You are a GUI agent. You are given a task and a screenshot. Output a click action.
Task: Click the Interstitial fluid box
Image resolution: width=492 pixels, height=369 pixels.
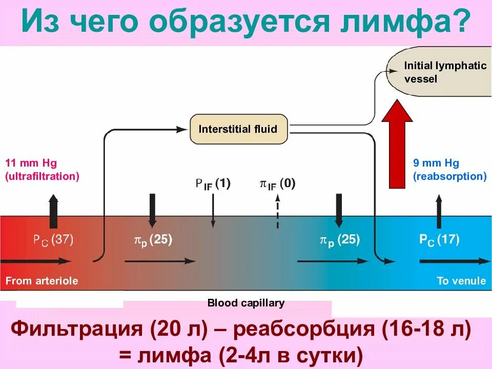238,129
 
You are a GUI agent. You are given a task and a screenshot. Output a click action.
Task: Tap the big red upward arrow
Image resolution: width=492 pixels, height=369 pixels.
400,143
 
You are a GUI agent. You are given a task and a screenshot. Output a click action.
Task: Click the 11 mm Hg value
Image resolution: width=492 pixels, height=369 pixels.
31,163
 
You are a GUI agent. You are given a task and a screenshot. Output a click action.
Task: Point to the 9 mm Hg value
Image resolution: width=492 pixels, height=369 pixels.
436,163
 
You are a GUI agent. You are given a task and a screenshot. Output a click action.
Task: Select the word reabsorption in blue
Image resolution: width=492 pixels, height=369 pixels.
449,176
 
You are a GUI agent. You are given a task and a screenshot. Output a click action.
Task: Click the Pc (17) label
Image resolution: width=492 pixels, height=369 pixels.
439,239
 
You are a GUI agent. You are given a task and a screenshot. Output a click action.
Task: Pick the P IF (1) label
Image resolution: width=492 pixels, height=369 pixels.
213,184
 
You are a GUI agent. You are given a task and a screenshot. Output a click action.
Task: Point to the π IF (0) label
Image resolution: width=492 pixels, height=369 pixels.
277,184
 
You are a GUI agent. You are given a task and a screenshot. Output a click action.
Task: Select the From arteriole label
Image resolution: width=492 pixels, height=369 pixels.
42,280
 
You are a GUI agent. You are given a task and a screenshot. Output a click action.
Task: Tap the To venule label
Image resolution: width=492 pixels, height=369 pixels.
461,280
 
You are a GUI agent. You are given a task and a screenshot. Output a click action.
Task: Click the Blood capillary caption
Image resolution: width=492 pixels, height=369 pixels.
245,303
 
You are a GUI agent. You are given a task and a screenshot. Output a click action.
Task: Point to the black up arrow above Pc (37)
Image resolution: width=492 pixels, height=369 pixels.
53,211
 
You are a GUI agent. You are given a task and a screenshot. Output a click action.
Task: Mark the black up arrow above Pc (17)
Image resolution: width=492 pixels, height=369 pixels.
439,211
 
